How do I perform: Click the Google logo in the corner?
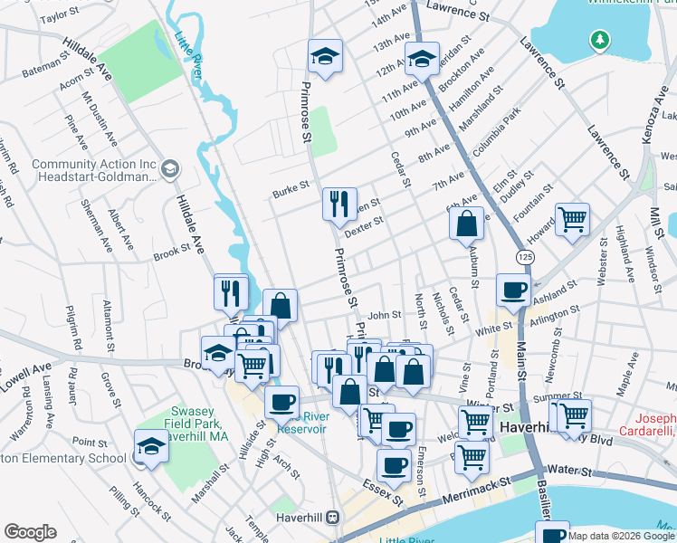click(x=30, y=532)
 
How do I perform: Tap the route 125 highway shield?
click(x=525, y=258)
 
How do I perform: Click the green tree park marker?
click(x=598, y=40)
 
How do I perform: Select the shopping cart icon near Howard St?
click(x=572, y=219)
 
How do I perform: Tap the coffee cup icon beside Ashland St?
click(x=514, y=291)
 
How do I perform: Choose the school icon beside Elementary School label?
click(x=151, y=445)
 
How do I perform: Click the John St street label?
click(x=384, y=315)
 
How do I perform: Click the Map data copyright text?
click(x=621, y=536)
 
